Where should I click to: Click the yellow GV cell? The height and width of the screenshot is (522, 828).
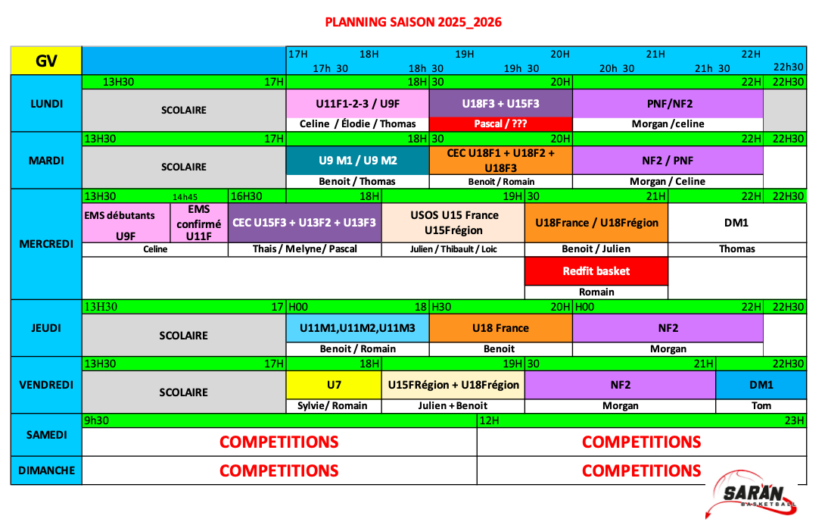click(x=46, y=61)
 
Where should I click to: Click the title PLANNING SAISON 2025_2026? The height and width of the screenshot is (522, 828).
click(x=413, y=22)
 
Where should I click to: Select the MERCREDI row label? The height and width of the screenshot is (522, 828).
click(x=46, y=244)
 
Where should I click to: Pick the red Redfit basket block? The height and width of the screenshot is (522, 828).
click(x=596, y=271)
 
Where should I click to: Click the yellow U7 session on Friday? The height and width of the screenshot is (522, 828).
click(x=334, y=385)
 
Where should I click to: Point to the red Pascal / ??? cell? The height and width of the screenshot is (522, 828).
click(x=500, y=124)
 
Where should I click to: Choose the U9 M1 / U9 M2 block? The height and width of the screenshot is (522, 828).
click(x=357, y=160)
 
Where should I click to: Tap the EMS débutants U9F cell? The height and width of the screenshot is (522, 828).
click(x=126, y=223)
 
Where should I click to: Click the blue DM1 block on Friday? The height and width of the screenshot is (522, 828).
click(x=761, y=385)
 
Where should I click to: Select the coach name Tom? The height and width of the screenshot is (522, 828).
click(x=761, y=406)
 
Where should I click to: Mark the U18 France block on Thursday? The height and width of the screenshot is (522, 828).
click(x=500, y=328)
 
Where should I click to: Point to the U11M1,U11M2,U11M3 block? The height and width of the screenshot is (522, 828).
click(x=357, y=328)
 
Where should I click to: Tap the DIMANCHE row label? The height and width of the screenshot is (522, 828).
click(x=46, y=470)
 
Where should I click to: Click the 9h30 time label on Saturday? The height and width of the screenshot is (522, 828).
click(x=97, y=420)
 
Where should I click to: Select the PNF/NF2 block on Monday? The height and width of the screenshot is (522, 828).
click(x=668, y=104)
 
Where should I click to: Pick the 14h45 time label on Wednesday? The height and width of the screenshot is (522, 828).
click(x=185, y=197)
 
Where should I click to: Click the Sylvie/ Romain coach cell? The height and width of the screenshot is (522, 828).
click(x=334, y=406)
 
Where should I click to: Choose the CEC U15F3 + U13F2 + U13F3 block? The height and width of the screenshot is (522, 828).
click(x=305, y=223)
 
